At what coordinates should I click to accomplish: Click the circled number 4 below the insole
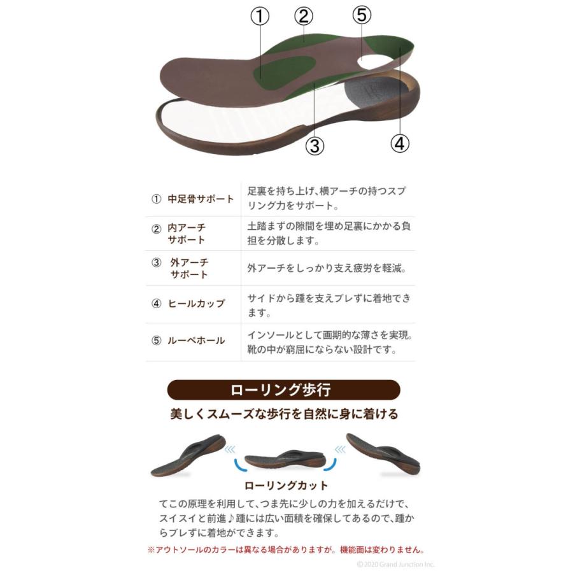(x=399, y=144)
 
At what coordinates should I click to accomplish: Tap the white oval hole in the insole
(x=374, y=60)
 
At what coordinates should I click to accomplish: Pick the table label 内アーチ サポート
(x=187, y=234)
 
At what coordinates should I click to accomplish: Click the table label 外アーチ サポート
(x=188, y=269)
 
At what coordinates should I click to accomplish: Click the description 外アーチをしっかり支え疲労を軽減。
(x=326, y=269)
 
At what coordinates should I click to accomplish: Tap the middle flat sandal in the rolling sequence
(x=285, y=458)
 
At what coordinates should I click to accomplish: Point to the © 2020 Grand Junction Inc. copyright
(x=396, y=564)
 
